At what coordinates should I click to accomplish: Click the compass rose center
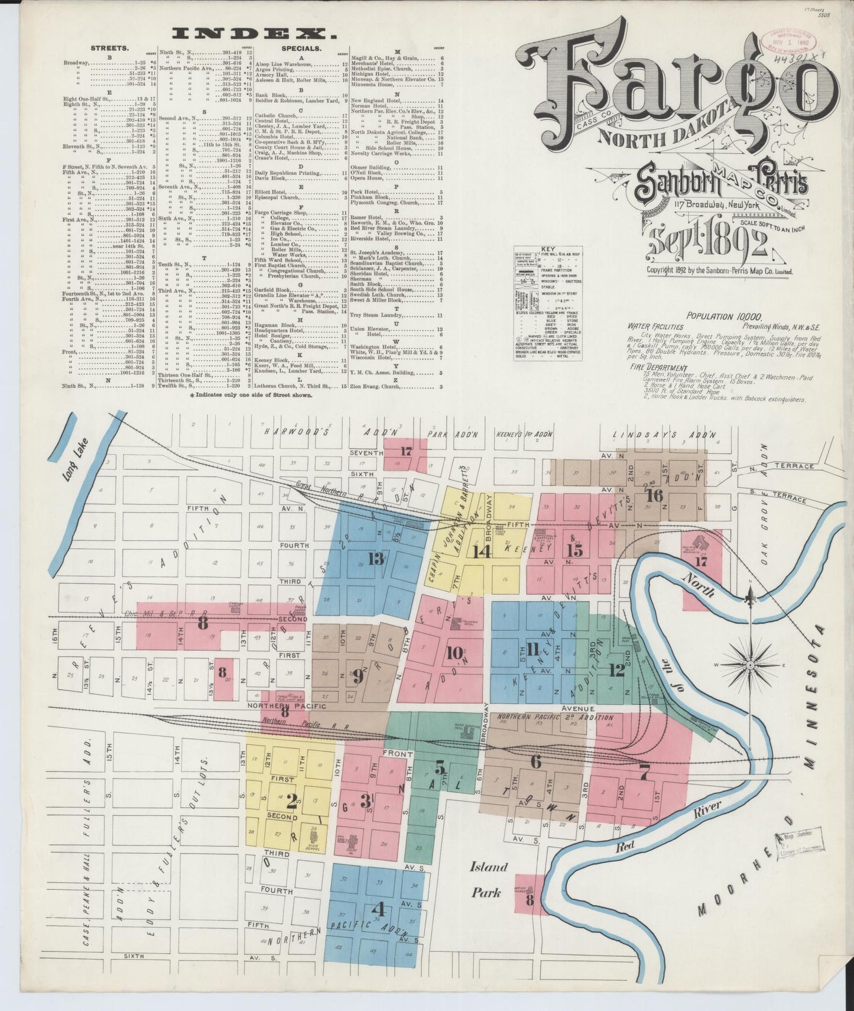(x=750, y=665)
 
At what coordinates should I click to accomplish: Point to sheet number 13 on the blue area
(x=376, y=559)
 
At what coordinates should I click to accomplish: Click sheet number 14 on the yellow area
(x=482, y=552)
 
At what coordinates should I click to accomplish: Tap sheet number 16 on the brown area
(x=654, y=495)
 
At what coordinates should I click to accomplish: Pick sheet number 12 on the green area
(x=616, y=670)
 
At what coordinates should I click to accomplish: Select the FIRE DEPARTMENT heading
(x=657, y=368)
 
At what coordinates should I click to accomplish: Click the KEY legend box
(x=548, y=303)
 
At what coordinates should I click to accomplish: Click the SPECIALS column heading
(x=301, y=48)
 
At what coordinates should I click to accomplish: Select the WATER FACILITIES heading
(x=655, y=326)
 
